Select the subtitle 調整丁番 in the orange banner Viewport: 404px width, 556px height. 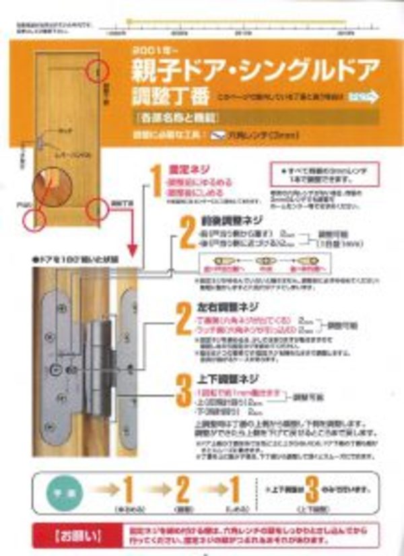pyautogui.click(x=161, y=95)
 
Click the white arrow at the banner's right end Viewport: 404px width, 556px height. pyautogui.click(x=365, y=97)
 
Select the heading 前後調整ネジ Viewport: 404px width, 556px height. pyautogui.click(x=220, y=221)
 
